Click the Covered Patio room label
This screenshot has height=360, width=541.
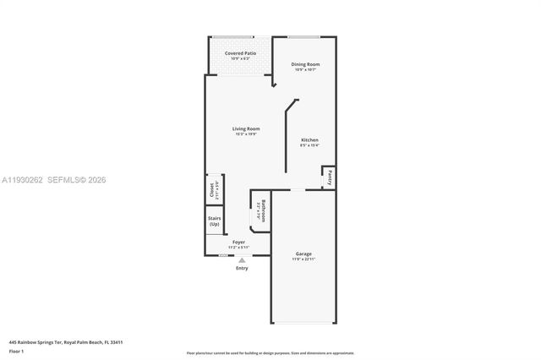pos(240,53)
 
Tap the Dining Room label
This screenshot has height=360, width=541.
pos(305,64)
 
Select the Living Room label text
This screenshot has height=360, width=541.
pos(246,128)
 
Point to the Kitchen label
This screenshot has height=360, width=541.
pos(309,139)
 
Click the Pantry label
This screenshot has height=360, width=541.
pos(330,177)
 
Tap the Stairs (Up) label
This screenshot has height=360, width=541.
pos(215,221)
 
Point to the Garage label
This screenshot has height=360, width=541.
pos(304,254)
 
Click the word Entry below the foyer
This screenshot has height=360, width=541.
pos(242,269)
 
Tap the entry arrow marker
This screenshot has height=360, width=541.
pos(242,260)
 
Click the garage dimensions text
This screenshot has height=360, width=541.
pos(304,259)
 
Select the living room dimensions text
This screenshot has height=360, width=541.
pos(246,134)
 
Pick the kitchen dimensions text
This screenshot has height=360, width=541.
pos(309,145)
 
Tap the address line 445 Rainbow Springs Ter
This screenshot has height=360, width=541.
pos(66,342)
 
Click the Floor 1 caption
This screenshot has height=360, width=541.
pos(16,351)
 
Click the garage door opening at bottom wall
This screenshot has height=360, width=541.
pos(303,322)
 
